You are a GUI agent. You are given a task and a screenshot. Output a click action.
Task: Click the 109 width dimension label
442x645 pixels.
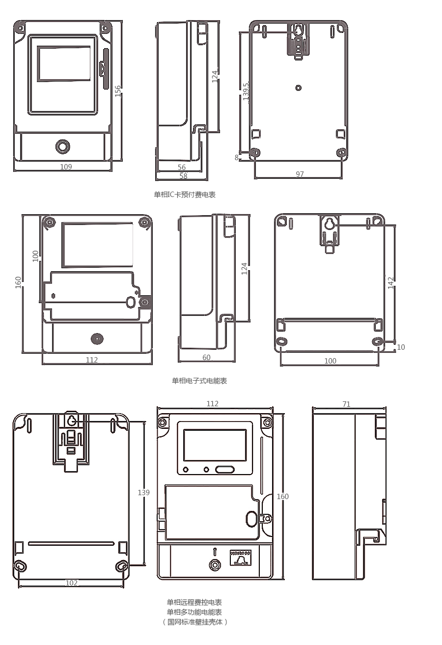(x=66, y=167)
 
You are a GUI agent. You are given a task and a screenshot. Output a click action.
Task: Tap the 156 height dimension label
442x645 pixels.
(x=118, y=91)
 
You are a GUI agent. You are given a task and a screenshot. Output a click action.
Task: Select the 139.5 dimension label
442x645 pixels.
(x=246, y=91)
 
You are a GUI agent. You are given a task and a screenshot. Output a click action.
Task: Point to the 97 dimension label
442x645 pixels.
(x=300, y=174)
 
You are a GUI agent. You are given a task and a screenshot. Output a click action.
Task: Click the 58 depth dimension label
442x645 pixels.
(x=183, y=176)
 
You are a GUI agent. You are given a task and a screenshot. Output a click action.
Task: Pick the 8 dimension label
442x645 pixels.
(x=237, y=158)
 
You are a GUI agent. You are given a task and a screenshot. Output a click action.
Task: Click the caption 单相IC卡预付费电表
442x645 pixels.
(x=185, y=195)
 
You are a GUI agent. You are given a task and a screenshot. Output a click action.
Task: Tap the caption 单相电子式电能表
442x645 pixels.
(x=199, y=381)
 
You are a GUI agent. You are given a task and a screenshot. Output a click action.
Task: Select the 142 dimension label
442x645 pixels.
(x=390, y=283)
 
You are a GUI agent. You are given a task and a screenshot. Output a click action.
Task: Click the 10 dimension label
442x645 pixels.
(x=401, y=347)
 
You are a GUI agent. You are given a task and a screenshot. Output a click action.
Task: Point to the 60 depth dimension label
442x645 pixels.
(x=206, y=357)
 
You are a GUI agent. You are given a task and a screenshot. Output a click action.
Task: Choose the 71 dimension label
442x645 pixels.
(x=346, y=404)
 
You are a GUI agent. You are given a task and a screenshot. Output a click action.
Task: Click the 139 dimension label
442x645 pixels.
(x=143, y=492)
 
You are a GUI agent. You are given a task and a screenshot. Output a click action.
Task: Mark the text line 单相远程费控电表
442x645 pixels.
(x=194, y=602)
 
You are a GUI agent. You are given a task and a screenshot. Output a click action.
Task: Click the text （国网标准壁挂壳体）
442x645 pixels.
(x=194, y=622)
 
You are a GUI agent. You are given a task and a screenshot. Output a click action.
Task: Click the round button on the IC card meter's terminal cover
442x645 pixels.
(x=62, y=146)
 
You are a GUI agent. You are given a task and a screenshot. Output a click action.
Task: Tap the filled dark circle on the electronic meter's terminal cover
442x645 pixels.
(x=97, y=339)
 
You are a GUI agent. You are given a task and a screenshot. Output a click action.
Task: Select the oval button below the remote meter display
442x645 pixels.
(x=225, y=470)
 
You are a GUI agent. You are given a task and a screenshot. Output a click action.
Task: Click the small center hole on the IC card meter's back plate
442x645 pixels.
(x=299, y=87)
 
